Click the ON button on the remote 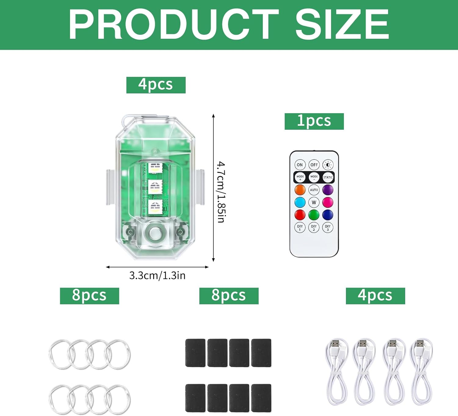300,165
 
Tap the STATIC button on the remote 328,177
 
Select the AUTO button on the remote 314,190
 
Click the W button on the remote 314,202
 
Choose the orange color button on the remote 300,190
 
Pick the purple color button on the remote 328,190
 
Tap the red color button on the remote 300,215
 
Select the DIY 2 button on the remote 314,228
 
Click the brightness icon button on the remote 328,165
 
